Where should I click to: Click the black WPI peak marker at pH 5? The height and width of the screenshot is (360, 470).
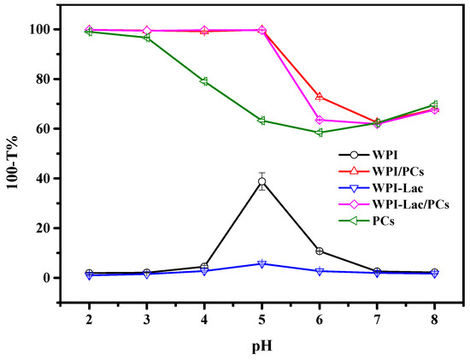tap(261, 181)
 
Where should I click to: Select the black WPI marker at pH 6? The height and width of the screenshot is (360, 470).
tap(320, 251)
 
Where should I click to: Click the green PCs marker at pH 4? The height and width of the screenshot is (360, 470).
tap(203, 81)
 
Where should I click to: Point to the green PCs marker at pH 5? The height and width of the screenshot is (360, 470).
tap(261, 121)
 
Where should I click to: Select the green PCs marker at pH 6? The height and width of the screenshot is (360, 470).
tap(320, 133)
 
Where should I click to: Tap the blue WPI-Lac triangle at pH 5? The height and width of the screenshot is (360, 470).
tap(261, 263)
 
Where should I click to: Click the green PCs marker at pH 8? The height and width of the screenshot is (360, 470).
tap(435, 104)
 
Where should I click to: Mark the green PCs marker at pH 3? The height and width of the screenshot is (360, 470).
tap(146, 38)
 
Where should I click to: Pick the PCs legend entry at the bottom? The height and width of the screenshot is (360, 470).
tap(379, 221)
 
